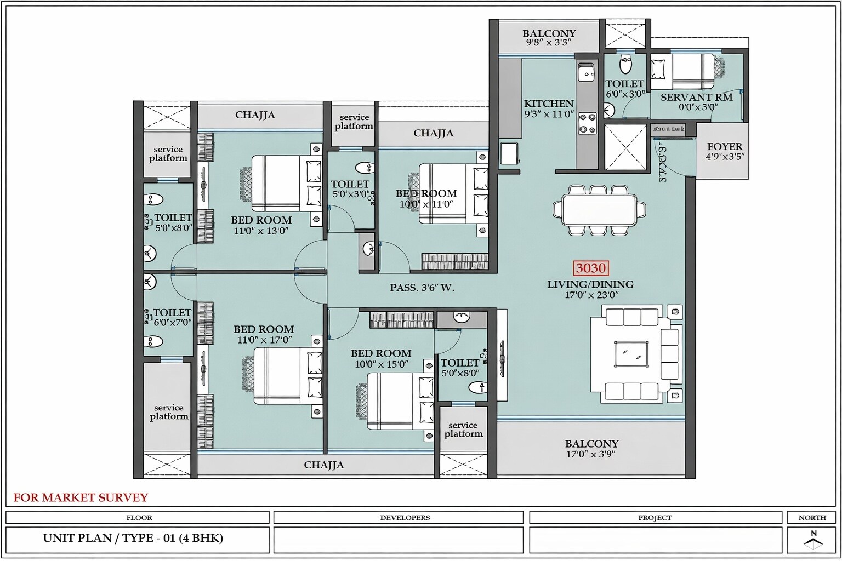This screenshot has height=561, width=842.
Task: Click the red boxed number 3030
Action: click(x=591, y=268)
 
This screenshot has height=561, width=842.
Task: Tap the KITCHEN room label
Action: click(x=549, y=104)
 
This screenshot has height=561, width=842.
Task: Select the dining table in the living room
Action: click(x=599, y=210)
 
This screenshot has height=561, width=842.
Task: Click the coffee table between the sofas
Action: click(x=631, y=354)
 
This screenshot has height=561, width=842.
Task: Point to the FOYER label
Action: click(x=725, y=147)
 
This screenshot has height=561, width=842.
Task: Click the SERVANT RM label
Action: click(x=696, y=98)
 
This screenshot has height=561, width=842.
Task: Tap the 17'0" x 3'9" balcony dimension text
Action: click(x=591, y=455)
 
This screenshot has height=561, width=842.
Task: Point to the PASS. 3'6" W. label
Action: click(x=422, y=288)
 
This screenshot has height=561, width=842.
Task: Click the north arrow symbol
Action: click(x=813, y=541)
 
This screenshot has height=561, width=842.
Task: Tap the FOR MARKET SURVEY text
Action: click(x=81, y=497)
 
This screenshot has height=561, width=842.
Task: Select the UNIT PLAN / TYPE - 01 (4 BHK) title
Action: click(x=133, y=538)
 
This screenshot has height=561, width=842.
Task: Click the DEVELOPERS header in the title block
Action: click(x=405, y=518)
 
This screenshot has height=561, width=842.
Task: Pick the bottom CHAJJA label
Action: click(x=324, y=465)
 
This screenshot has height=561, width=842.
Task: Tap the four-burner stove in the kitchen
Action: click(x=588, y=123)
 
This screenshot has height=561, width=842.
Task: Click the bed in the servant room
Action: click(x=683, y=71)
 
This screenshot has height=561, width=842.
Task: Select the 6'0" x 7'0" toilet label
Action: click(x=172, y=317)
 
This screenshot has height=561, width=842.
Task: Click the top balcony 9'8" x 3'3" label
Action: click(x=549, y=38)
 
